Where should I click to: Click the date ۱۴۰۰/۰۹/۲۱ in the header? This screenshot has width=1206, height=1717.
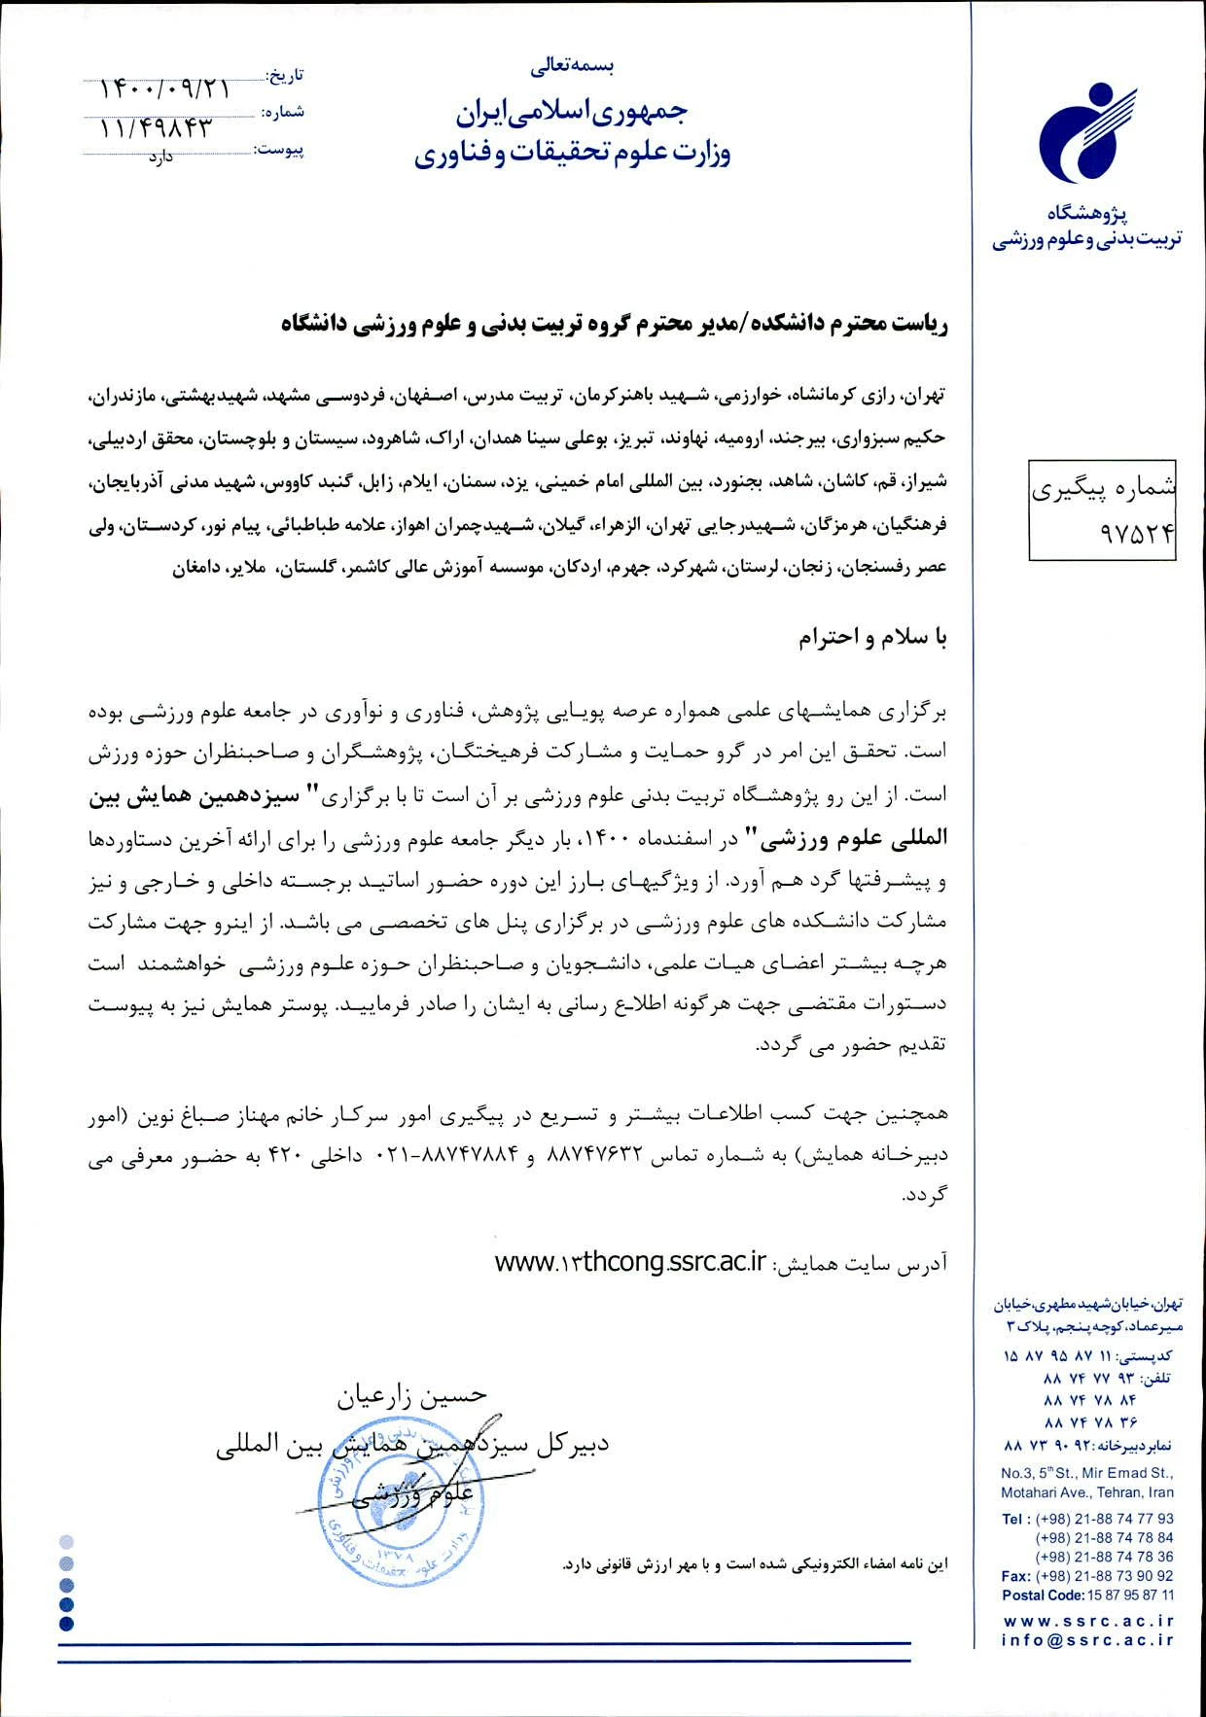(164, 89)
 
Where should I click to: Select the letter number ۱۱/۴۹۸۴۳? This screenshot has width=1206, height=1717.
(156, 127)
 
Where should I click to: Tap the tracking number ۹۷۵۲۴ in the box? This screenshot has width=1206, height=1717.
(1102, 533)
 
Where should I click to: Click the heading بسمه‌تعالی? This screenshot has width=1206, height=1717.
(572, 67)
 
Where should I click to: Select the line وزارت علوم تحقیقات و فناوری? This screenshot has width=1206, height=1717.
(572, 154)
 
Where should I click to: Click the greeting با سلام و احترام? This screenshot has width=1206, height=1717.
(872, 638)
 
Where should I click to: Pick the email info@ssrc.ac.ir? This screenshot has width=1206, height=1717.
(1087, 1640)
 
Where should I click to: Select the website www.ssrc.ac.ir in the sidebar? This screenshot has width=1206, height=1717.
(1087, 1621)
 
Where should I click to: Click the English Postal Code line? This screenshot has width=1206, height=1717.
(1087, 1595)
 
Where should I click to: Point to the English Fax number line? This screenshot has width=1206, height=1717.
(1087, 1576)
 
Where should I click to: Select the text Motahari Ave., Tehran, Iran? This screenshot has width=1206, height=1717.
(1087, 1492)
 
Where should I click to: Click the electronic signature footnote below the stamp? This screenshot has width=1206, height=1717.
(754, 1564)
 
